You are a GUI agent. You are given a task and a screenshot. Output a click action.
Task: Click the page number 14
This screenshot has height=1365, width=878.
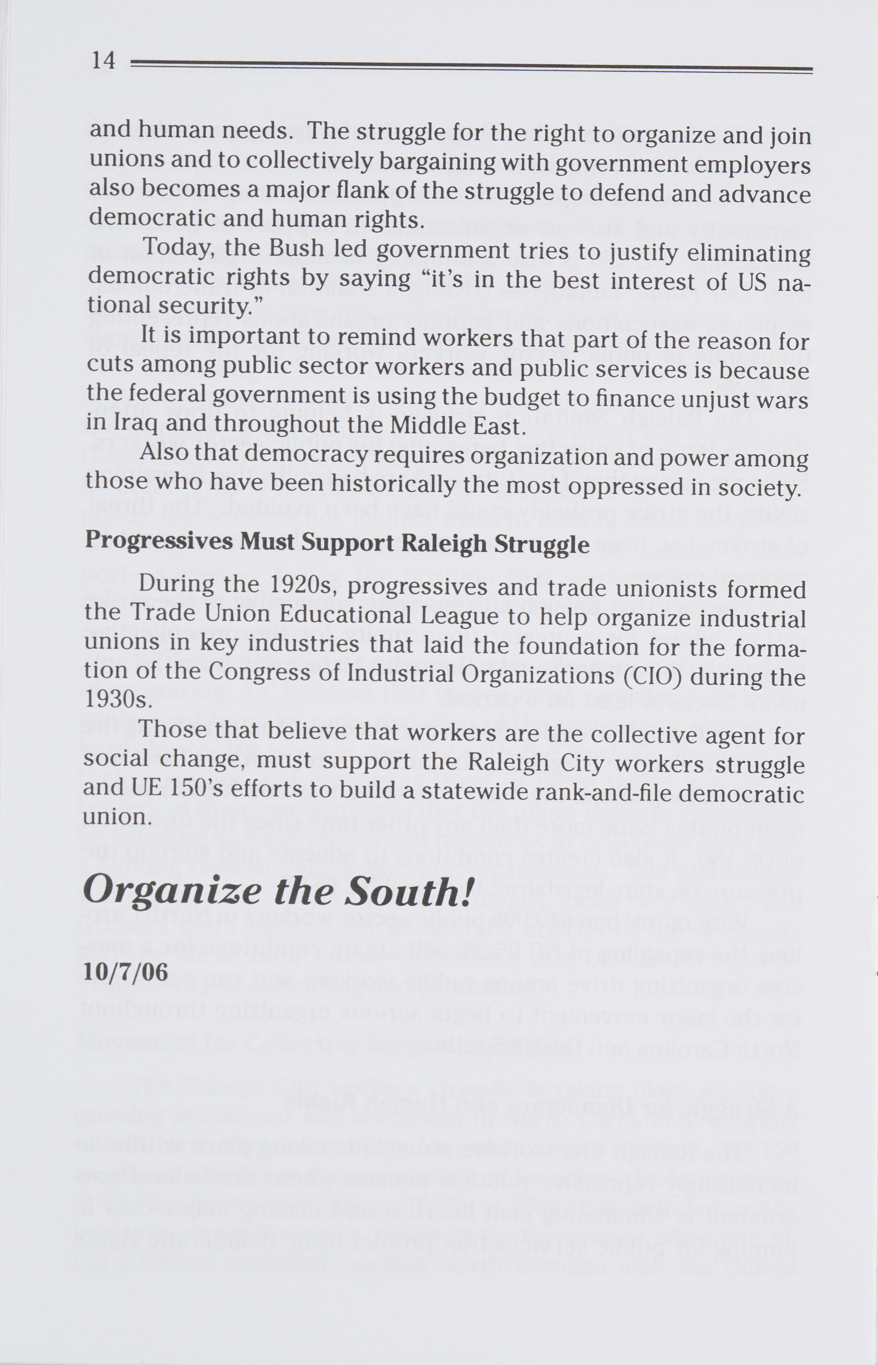coord(103,60)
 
